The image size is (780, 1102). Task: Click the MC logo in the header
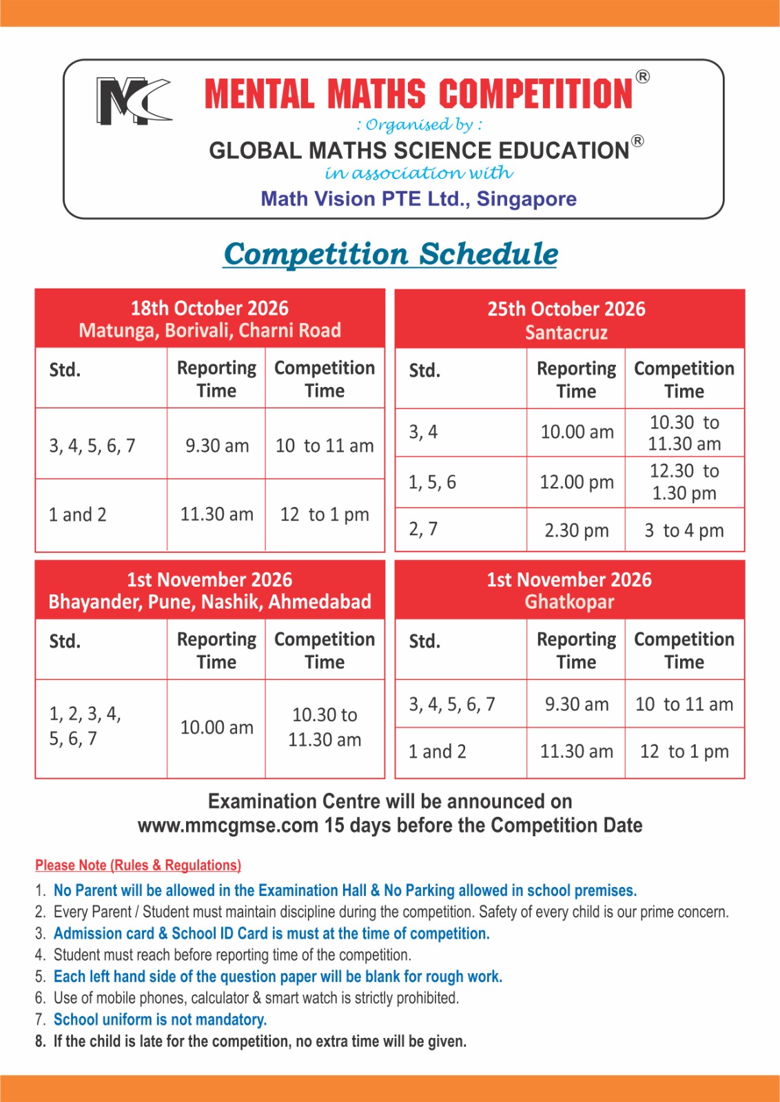[x=133, y=101]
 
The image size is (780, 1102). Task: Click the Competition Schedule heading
[x=391, y=253]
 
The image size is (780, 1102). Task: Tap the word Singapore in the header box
[x=526, y=199]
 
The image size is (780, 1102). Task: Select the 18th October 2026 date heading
[x=209, y=308]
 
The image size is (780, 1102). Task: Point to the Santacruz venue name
[x=566, y=333]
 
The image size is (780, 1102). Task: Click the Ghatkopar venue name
[x=569, y=602]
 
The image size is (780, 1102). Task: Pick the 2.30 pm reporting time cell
[x=576, y=530]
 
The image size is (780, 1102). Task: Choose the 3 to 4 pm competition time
[x=684, y=530]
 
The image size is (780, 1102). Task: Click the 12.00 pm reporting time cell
[x=576, y=482]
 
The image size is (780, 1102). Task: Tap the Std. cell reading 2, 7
[x=423, y=529]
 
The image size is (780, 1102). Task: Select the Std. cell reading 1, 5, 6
[x=432, y=482]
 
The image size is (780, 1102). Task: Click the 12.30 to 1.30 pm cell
[x=684, y=482]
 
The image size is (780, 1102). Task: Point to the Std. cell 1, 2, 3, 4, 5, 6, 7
[x=85, y=727]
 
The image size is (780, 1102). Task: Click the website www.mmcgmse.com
[x=228, y=825]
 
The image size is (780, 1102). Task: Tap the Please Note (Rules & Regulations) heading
[x=138, y=865]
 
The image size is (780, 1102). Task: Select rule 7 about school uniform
[x=160, y=1019]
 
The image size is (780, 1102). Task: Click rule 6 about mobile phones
[x=256, y=998]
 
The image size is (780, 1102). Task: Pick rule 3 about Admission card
[x=271, y=933]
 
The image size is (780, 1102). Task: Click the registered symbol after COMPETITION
[x=642, y=76]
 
